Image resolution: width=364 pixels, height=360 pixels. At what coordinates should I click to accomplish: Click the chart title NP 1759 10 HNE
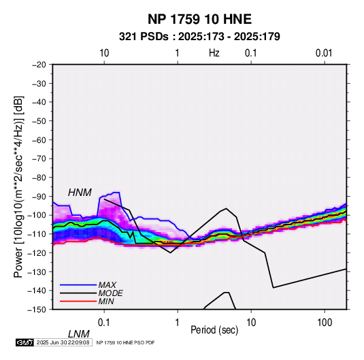coord(199,19)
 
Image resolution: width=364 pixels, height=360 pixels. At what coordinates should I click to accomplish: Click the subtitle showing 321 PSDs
coord(199,37)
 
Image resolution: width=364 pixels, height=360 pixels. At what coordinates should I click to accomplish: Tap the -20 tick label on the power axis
coord(39,65)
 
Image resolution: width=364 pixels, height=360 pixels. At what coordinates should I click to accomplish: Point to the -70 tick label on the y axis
coord(39,159)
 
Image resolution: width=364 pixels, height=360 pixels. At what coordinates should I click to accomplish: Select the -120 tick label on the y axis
coord(37,252)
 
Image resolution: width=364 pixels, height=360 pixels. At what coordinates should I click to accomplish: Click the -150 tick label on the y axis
coord(37,310)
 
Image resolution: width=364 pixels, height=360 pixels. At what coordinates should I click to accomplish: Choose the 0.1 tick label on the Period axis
coord(104,323)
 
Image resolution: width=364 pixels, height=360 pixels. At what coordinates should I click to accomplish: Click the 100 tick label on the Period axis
coord(325,323)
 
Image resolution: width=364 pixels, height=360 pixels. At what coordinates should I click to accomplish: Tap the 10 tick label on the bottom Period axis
coord(251,323)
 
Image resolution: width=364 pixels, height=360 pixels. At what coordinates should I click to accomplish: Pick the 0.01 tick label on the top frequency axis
coord(324,53)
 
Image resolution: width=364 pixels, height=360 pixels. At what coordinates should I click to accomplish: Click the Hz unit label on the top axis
coord(214,53)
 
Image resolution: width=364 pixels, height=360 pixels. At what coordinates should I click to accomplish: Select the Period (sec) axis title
coord(214,330)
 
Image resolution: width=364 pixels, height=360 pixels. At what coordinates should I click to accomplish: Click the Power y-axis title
coord(18,186)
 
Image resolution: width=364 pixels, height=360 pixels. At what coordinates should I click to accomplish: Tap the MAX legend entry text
coord(107,285)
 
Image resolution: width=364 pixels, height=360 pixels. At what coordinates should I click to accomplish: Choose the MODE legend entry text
coord(110,293)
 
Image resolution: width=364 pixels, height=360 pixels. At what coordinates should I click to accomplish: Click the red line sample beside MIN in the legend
coord(78,301)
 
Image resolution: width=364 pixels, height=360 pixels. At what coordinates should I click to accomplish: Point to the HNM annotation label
coord(80,193)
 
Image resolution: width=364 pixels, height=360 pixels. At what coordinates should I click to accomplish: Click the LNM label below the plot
coord(78,334)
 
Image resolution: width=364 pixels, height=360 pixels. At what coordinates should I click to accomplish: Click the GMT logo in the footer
coord(25,342)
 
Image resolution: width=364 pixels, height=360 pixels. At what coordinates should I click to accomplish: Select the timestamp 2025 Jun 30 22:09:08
coord(63,342)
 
